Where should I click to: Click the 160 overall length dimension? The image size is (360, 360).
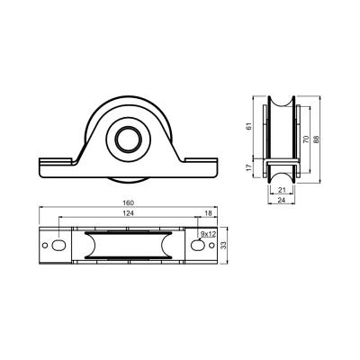[128, 202]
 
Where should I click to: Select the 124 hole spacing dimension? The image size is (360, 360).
[128, 213]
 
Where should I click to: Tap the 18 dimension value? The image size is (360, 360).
[208, 213]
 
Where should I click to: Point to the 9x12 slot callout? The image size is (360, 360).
[208, 233]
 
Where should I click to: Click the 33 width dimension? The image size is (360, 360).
[223, 246]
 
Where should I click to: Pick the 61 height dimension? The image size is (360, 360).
[248, 127]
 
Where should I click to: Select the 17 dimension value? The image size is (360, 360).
[248, 167]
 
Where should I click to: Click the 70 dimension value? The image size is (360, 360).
[306, 139]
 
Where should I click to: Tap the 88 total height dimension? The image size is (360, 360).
[316, 139]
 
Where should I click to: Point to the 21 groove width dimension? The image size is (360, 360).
[282, 190]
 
